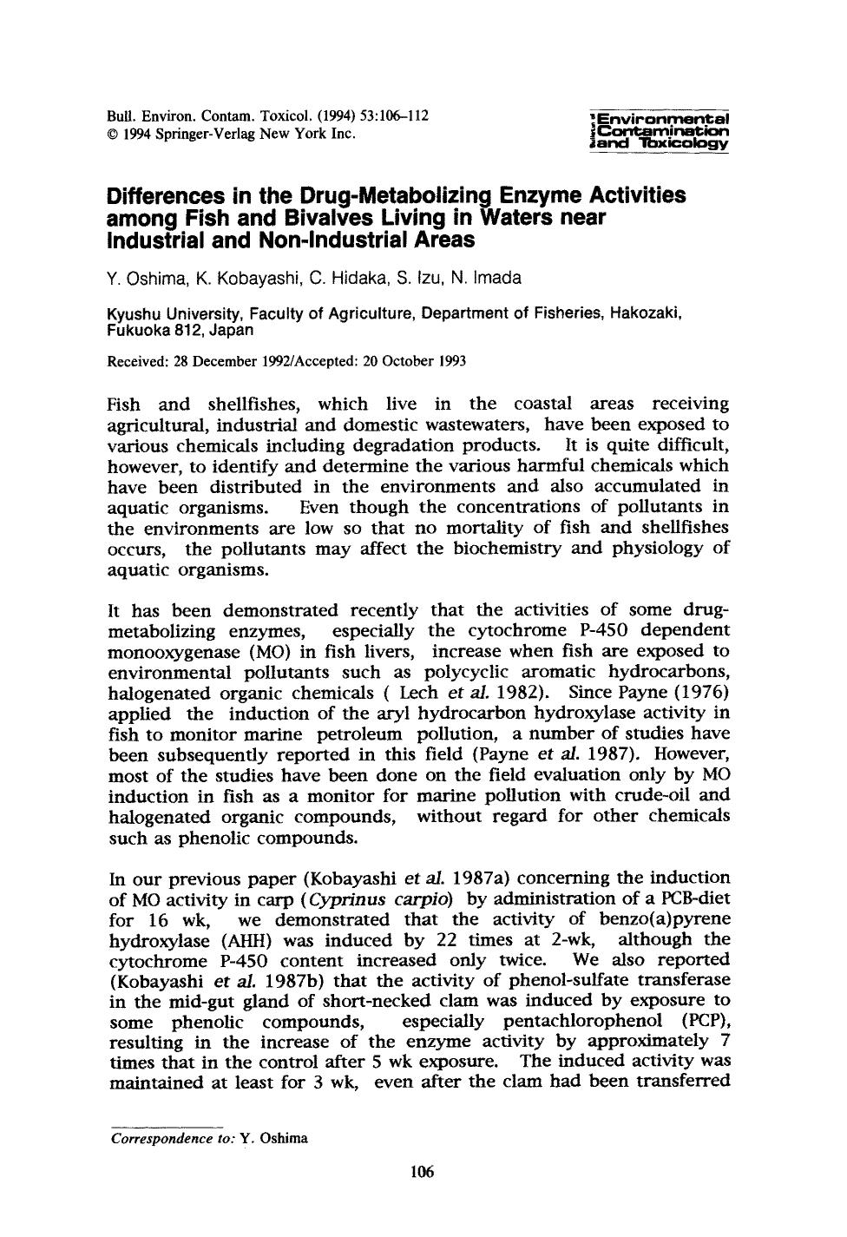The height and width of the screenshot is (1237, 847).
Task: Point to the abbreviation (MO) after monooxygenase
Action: [x=251, y=651]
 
